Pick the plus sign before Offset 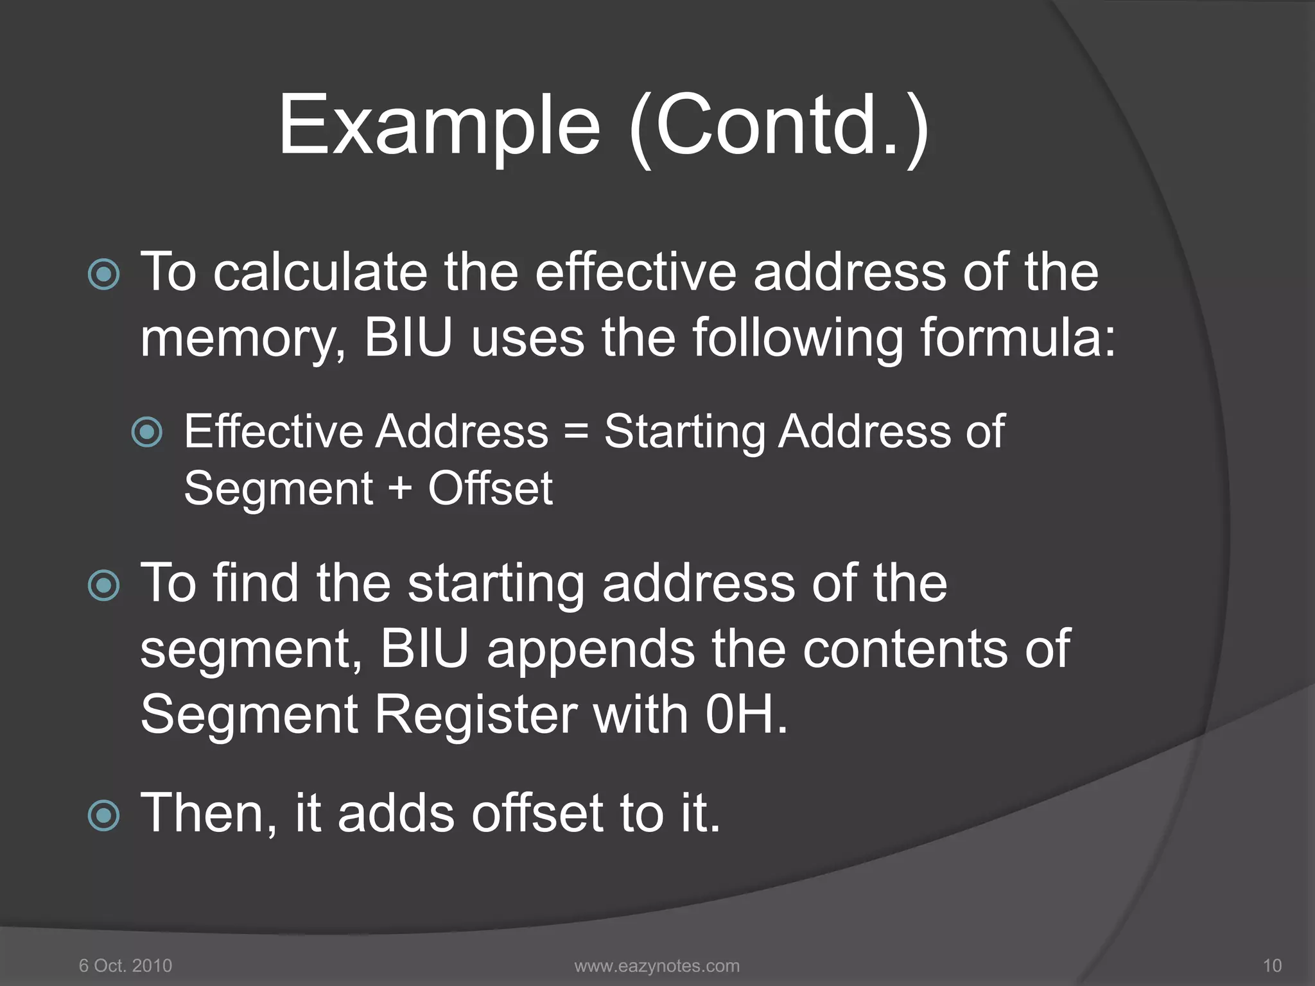point(400,488)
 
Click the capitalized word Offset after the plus point(490,489)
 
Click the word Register point(476,716)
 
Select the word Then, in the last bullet point(209,814)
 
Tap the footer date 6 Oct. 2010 point(125,965)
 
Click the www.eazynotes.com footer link point(657,965)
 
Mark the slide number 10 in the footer point(1272,965)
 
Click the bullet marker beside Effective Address point(147,432)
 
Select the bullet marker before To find point(103,585)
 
